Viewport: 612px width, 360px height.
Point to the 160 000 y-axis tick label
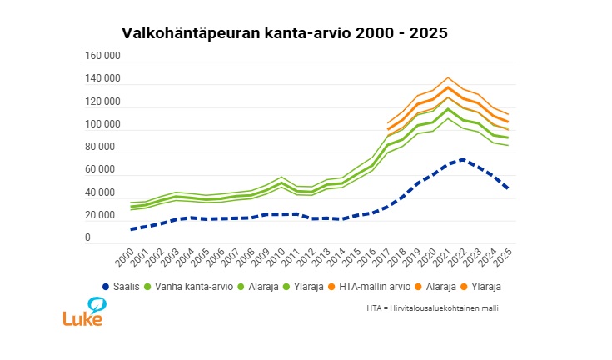[103, 56]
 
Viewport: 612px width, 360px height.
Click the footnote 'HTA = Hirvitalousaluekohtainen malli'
[438, 307]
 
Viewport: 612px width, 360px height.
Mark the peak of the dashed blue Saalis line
[463, 159]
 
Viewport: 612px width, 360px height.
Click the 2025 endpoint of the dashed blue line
[507, 188]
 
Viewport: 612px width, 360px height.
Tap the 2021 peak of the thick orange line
[448, 87]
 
